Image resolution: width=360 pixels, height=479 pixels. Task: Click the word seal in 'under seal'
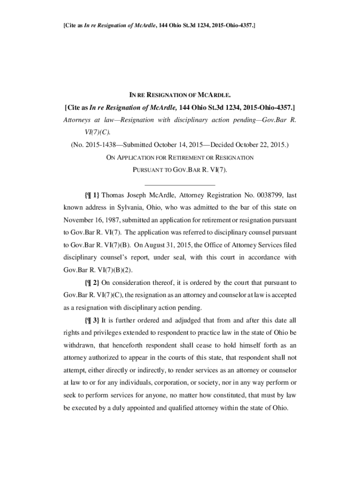[x=180, y=258]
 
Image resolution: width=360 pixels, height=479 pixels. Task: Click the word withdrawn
[x=80, y=345]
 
